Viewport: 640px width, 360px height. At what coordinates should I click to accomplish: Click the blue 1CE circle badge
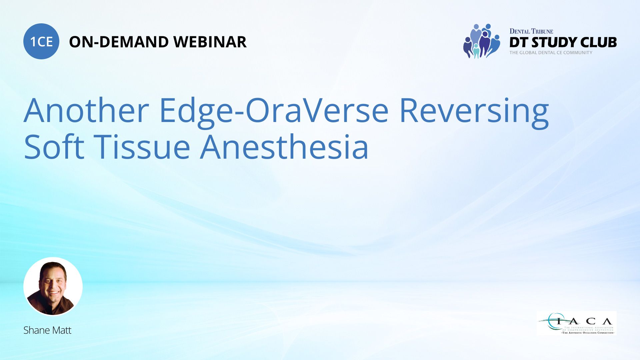pos(41,41)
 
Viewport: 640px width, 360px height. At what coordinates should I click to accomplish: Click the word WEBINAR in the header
pos(210,42)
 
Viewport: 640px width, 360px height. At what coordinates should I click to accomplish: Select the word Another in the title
pos(86,110)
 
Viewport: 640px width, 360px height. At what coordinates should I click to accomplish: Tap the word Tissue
pos(142,147)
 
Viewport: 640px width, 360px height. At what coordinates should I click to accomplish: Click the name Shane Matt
pos(47,330)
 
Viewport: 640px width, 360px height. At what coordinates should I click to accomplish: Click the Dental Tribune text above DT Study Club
pos(531,31)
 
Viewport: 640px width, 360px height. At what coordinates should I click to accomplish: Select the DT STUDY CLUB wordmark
pos(563,42)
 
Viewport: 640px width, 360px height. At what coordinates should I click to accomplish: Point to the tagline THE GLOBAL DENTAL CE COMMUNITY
pos(551,53)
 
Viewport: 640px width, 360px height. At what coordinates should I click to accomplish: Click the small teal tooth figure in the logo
pos(476,52)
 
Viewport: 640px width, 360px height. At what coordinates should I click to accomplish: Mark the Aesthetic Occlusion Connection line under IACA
pos(588,333)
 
